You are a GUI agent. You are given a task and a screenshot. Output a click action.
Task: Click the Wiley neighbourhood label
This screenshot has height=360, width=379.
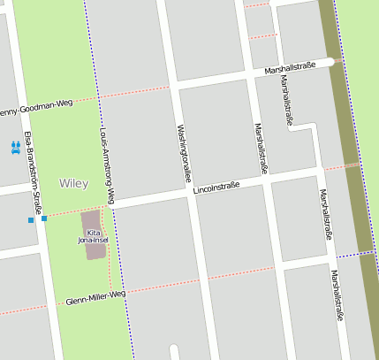(73, 183)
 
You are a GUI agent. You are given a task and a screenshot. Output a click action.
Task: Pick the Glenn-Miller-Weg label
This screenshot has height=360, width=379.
(95, 297)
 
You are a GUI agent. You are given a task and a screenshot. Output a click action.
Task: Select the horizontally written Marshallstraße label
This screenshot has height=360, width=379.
(295, 67)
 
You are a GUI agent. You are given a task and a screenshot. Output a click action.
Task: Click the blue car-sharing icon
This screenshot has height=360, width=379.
(15, 148)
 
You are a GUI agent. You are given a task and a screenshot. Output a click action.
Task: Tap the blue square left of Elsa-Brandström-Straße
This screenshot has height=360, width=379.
(30, 219)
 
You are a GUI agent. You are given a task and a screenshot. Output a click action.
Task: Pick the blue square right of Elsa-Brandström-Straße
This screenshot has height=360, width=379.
(44, 218)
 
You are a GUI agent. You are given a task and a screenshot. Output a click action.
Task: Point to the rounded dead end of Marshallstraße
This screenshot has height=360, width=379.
(330, 61)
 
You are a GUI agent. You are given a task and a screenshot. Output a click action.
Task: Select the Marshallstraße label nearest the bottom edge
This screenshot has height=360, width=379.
(337, 295)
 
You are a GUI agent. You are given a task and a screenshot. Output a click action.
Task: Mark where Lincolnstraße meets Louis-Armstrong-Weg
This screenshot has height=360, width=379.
(110, 206)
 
